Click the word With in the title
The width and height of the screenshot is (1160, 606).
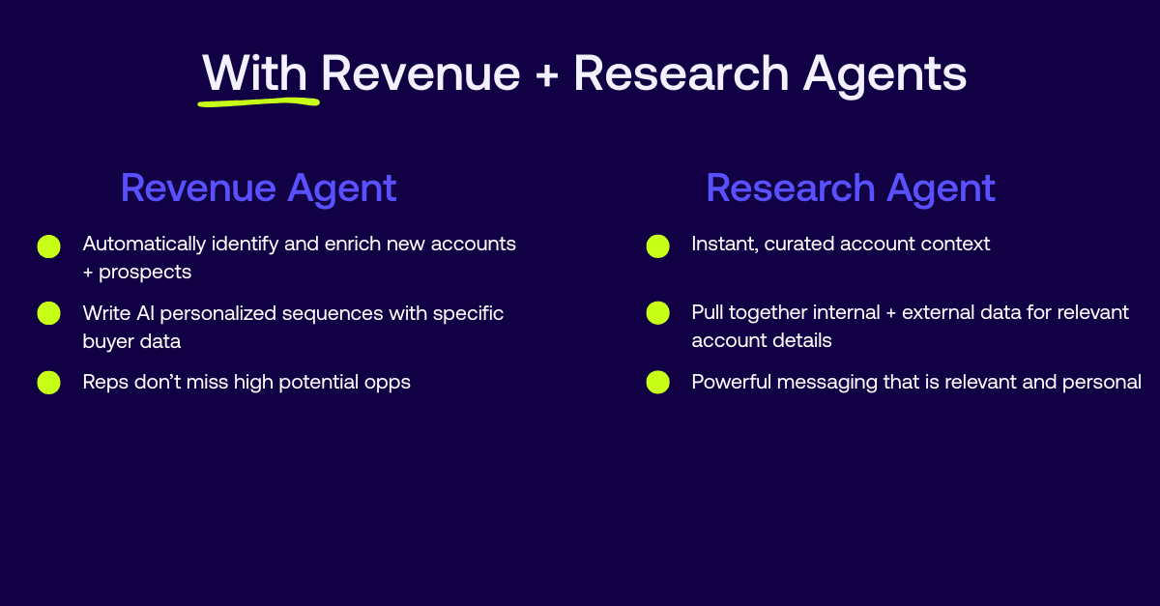[254, 73]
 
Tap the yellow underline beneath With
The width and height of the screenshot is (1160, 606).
[258, 99]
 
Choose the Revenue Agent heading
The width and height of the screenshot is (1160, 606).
[258, 188]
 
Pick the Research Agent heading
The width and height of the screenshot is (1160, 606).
[851, 188]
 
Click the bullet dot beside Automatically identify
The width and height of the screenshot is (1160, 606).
[49, 245]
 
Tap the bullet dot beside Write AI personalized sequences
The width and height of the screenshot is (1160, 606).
[49, 313]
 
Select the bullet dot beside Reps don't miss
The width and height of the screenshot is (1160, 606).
[49, 383]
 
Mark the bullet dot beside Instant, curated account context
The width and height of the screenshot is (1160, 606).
[657, 245]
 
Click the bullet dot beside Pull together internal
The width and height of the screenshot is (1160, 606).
[657, 313]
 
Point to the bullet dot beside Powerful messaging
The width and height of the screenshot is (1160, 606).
[657, 383]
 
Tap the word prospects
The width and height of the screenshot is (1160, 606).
[147, 273]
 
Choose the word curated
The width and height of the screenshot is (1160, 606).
[801, 245]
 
